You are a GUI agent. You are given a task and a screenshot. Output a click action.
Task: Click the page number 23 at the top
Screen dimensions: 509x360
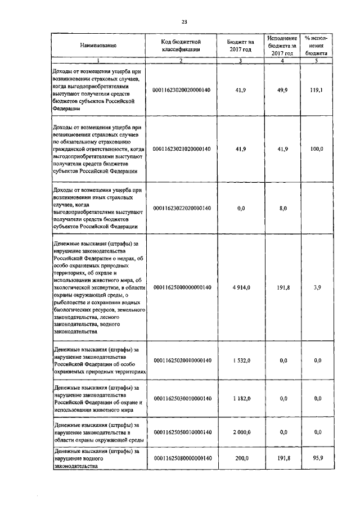coord(184,22)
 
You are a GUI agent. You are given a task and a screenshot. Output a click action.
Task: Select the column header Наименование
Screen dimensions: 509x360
coord(98,46)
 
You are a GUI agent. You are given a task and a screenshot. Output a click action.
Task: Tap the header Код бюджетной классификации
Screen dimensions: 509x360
coord(181,46)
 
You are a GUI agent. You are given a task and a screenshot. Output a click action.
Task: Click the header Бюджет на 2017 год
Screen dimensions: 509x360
coord(241,46)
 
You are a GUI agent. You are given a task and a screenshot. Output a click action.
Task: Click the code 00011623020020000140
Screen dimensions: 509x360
coord(182,89)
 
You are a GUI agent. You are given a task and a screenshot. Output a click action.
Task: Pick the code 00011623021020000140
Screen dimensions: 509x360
coord(182,148)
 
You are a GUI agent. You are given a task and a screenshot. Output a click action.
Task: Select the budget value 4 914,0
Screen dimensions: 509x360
coord(241,287)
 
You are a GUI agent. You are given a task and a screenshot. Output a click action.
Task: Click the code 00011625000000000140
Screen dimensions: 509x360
coord(182,287)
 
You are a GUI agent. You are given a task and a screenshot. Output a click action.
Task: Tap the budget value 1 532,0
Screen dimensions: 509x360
coord(241,360)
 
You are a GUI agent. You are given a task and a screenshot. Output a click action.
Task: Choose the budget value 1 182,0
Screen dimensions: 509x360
coord(241,398)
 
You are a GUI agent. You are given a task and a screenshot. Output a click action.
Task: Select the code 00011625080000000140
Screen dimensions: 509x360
coord(182,458)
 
